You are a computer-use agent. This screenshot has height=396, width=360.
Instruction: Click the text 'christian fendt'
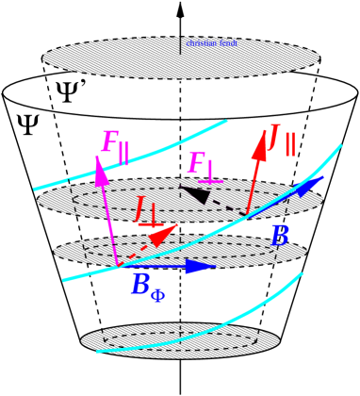pyautogui.click(x=211, y=43)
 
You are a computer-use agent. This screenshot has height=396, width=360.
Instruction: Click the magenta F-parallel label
pyautogui.click(x=113, y=145)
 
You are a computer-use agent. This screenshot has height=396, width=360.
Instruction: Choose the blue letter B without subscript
pyautogui.click(x=279, y=236)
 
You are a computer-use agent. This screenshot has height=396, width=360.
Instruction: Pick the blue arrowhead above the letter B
pyautogui.click(x=306, y=186)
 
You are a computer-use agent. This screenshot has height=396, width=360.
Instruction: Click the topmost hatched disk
pyautogui.click(x=113, y=58)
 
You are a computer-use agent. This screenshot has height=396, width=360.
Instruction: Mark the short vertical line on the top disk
pyautogui.click(x=180, y=44)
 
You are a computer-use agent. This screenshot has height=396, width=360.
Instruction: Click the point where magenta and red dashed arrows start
pyautogui.click(x=117, y=266)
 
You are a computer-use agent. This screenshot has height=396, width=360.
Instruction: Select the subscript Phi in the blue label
pyautogui.click(x=157, y=295)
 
